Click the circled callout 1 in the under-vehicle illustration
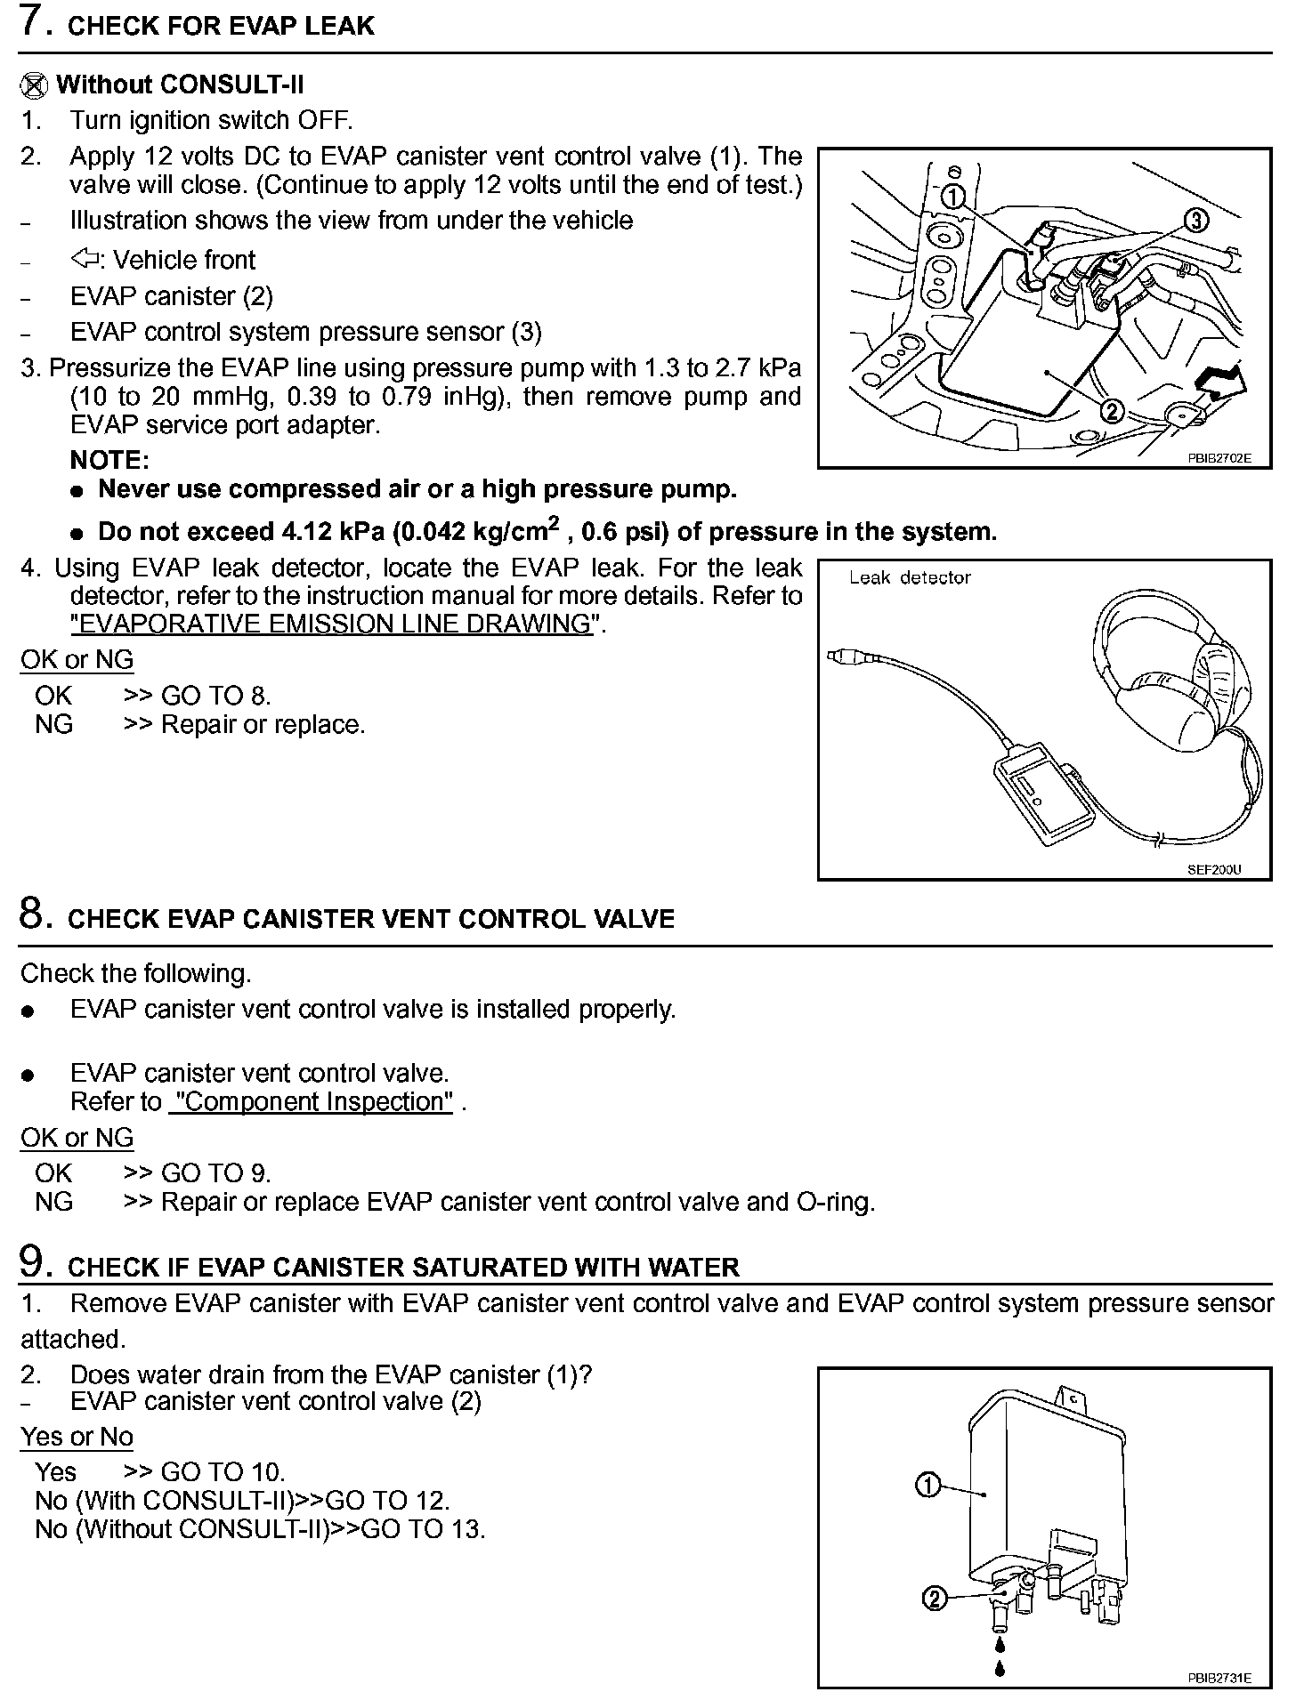952,197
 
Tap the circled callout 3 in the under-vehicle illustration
1196,220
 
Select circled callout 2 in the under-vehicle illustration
1111,410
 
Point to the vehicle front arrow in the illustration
1221,381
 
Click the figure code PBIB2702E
1219,458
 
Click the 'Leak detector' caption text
909,577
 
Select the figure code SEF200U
1213,869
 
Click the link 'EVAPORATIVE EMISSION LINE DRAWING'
331,624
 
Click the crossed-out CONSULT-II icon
33,85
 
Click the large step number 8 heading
31,914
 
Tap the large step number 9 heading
31,1263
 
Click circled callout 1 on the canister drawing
927,1485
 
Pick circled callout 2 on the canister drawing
934,1599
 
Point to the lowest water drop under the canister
1000,1666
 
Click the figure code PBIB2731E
1219,1678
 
